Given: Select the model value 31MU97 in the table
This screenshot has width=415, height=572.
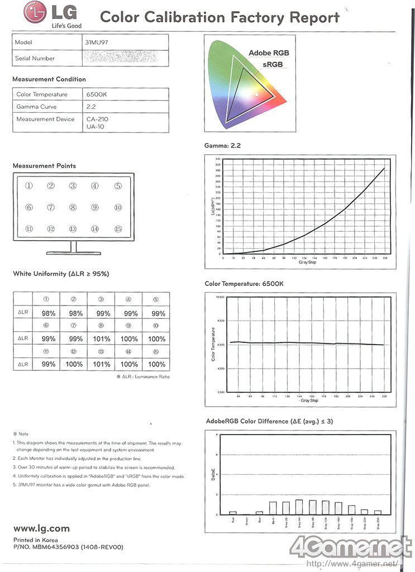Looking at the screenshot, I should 98,42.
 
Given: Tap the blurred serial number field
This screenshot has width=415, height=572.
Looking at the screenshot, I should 120,58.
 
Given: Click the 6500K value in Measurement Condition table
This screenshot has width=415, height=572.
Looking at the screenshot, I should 97,94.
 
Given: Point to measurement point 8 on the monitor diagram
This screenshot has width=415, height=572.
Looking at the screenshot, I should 73,207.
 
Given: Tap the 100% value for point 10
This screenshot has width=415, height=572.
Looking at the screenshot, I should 157,339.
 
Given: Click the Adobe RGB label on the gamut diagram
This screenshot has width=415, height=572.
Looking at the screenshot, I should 269,53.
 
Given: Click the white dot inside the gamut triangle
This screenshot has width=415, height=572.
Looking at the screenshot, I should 256,95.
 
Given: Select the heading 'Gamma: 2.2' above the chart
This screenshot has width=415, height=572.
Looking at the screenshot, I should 223,146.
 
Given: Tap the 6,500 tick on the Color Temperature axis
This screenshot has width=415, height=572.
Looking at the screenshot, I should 218,345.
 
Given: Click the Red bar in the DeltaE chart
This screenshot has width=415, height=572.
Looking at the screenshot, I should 233,512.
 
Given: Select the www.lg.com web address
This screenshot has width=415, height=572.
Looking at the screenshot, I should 41,528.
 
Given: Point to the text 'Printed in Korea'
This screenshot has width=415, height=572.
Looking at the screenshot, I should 34,540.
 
